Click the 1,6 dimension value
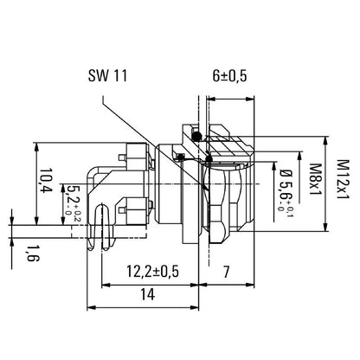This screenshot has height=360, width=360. pos(32,252)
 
